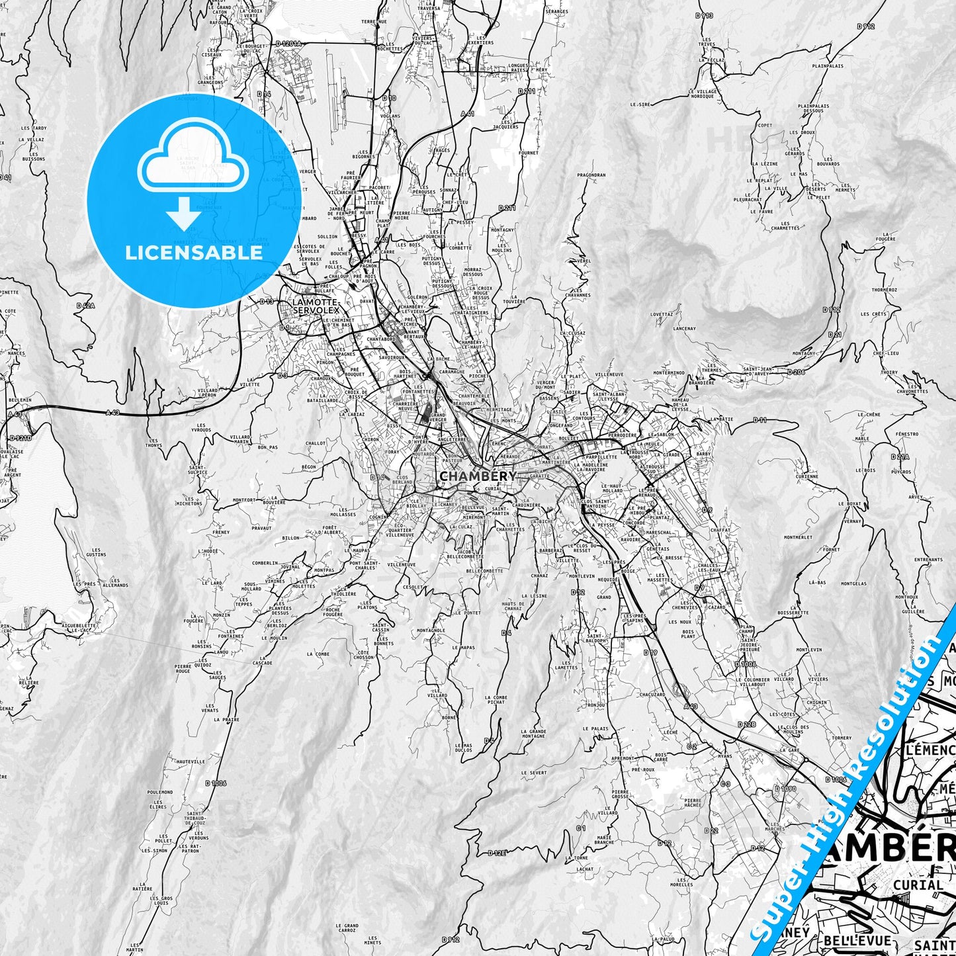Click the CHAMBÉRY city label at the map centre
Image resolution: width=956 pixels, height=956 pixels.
click(468, 476)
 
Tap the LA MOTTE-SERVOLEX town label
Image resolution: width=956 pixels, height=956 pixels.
click(316, 306)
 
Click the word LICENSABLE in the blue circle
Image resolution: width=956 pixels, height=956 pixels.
click(194, 252)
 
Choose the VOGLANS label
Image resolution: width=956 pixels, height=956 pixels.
click(391, 116)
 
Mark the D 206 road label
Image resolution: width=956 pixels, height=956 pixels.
click(796, 372)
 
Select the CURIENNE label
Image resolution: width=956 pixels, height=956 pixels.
click(807, 476)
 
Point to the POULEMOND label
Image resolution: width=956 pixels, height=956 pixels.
click(160, 792)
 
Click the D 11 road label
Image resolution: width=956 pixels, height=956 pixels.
click(760, 419)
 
